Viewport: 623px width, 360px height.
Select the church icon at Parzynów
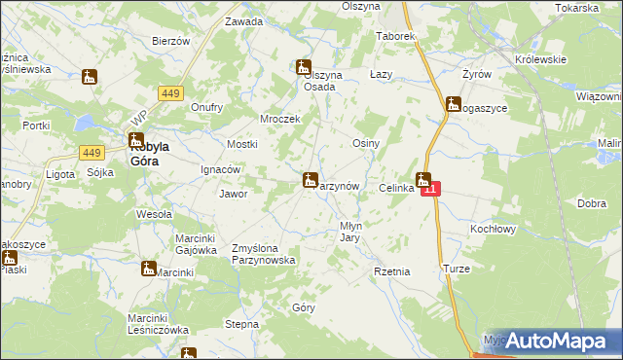pos(311,179)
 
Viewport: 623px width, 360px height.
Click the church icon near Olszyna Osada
pos(303,68)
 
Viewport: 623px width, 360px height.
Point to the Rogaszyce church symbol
pos(453,104)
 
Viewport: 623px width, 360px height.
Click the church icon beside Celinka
pos(422,179)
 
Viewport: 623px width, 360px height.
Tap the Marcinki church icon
pos(149,268)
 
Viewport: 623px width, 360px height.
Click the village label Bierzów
pos(170,41)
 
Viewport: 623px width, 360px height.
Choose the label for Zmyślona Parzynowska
pos(263,254)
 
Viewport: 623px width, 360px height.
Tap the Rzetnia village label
pos(392,271)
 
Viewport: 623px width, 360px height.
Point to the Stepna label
pos(241,324)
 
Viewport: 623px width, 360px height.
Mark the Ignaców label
pos(221,168)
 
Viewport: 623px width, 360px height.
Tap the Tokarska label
pos(577,7)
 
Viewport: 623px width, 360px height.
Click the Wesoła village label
pos(154,214)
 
